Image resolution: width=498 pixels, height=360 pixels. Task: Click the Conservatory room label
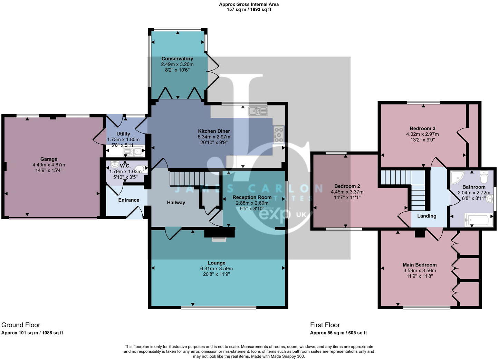[177, 59]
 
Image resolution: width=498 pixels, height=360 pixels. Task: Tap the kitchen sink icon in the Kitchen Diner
[258, 111]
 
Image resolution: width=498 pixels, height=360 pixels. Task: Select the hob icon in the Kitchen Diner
[279, 135]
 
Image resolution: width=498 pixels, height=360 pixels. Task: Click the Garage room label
[49, 159]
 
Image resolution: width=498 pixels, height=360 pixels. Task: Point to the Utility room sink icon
[133, 152]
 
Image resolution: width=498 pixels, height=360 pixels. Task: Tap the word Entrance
[128, 200]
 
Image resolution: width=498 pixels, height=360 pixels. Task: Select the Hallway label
[176, 203]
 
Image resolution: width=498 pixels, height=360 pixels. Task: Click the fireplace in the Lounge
[219, 234]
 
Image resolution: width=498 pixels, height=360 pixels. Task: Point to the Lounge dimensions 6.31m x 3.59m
[216, 269]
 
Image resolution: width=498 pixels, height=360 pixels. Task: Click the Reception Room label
[252, 197]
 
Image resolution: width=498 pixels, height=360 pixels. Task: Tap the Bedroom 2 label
[347, 186]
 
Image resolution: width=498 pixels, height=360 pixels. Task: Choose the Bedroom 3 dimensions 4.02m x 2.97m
[422, 134]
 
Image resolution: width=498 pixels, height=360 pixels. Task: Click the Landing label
[427, 216]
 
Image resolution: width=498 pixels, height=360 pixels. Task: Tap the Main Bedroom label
[420, 265]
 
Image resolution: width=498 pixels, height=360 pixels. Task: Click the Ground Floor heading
[21, 325]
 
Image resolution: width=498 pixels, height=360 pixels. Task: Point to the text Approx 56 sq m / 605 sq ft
[338, 333]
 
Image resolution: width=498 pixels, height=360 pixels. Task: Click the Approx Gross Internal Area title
[249, 4]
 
